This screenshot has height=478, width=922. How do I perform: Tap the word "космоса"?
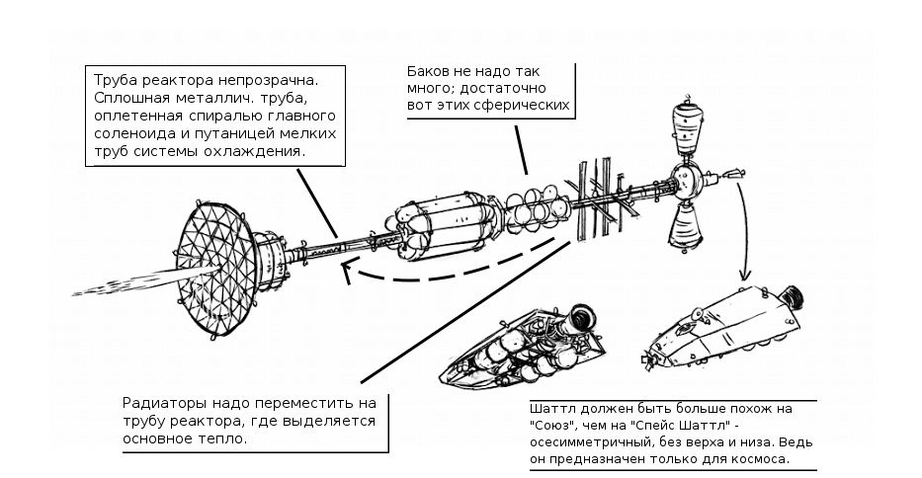tap(762, 460)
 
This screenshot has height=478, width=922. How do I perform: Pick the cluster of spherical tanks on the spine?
tap(534, 206)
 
